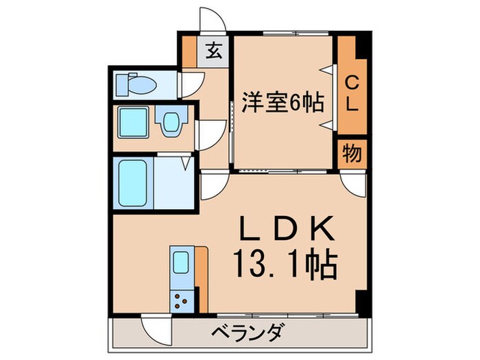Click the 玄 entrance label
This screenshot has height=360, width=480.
pos(214,51)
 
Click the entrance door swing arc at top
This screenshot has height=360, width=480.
pos(208,19)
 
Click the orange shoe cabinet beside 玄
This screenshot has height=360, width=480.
pos(189,51)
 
